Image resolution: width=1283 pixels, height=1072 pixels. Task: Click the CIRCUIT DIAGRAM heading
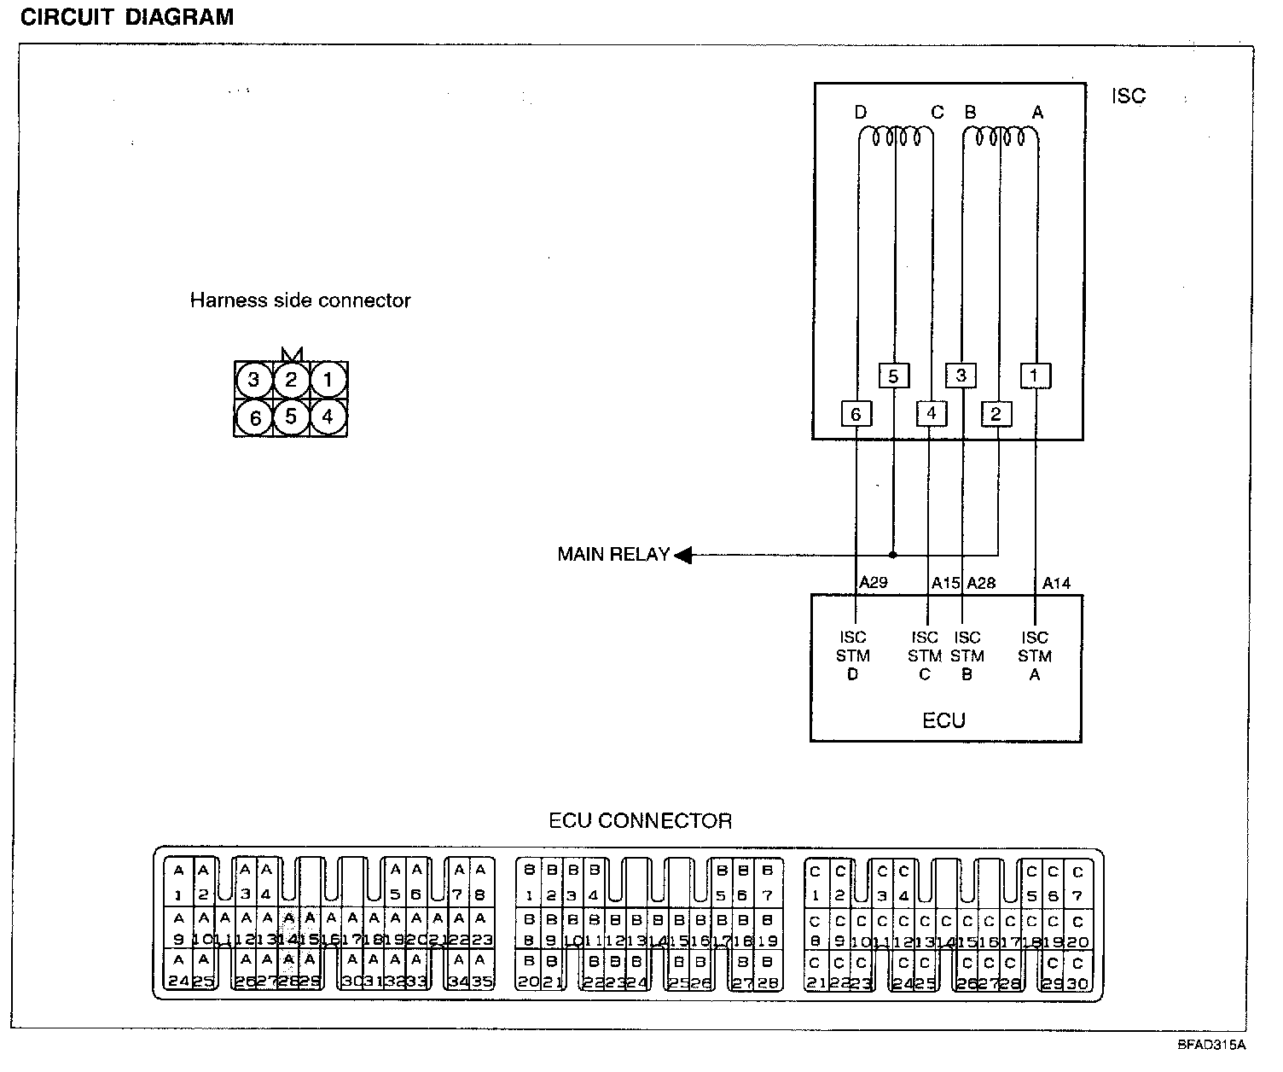click(126, 18)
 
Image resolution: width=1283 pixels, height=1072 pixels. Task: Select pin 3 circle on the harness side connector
click(253, 380)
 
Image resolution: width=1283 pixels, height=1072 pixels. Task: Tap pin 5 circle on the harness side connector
click(291, 417)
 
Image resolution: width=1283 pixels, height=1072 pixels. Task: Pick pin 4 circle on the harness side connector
click(328, 417)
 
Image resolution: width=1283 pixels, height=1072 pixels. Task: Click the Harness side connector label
click(299, 300)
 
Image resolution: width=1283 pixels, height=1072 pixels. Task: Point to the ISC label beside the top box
click(1128, 96)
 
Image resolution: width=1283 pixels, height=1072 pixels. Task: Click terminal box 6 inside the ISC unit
click(856, 414)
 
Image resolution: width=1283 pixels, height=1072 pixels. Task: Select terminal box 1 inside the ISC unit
click(1035, 376)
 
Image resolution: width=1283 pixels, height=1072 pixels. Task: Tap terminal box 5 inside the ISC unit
click(893, 376)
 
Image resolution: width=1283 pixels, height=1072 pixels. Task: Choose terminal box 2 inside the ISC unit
click(996, 414)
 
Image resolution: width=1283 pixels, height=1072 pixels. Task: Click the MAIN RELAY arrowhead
click(683, 556)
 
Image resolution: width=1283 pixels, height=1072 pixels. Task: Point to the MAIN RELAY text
click(613, 555)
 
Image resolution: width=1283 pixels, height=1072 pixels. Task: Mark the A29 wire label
click(874, 583)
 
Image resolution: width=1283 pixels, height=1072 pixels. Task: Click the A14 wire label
click(1056, 583)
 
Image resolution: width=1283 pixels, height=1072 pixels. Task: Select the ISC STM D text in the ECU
click(853, 655)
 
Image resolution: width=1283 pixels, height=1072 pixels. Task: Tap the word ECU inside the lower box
click(943, 720)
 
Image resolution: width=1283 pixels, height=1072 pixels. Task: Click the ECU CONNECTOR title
click(640, 821)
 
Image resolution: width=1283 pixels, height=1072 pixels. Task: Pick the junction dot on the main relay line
click(893, 555)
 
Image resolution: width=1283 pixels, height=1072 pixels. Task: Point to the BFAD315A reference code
click(1212, 1044)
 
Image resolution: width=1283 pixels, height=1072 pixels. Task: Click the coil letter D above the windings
click(860, 113)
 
